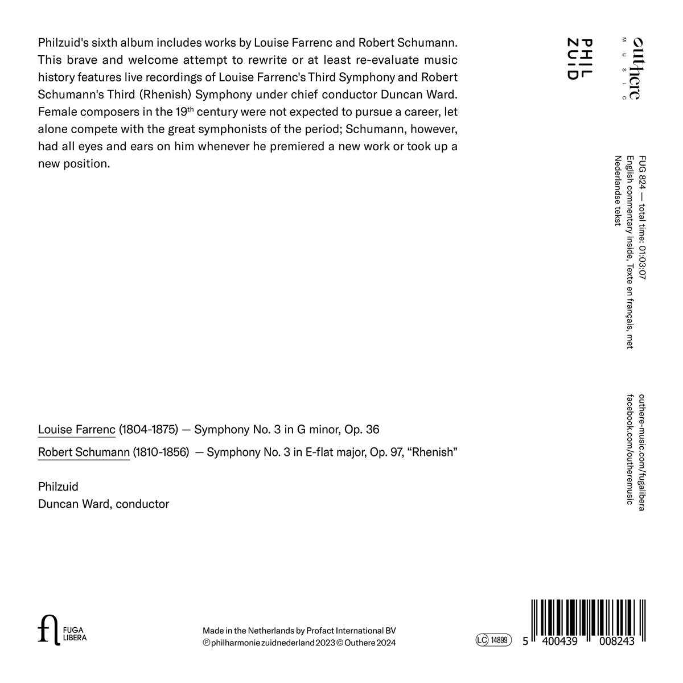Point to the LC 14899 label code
coord(493,640)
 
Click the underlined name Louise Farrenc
coord(77,429)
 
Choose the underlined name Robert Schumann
coord(84,453)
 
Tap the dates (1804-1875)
coord(149,429)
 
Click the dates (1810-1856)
coord(161,453)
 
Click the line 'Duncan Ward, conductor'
coord(104,504)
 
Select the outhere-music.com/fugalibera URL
coord(643,452)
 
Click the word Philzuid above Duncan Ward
coord(58,487)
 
